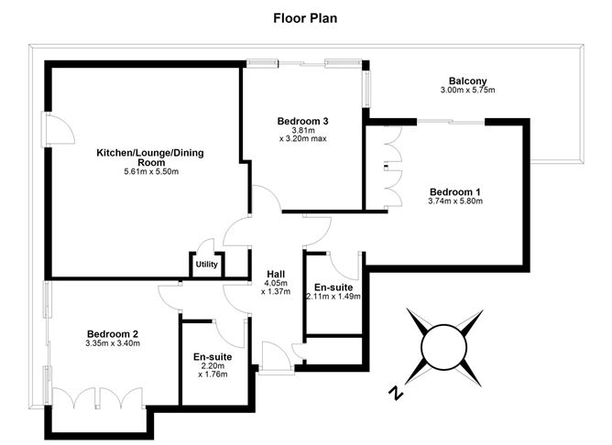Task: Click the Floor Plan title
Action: point(305,18)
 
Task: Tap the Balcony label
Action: point(467,81)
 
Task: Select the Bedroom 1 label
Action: point(455,192)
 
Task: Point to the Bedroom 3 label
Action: point(303,121)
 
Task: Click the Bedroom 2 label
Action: point(113,334)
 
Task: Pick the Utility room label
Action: point(206,265)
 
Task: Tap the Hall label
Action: point(276,274)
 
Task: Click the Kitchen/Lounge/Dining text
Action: point(150,153)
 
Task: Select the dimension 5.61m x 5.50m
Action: point(151,171)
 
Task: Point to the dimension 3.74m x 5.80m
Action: point(455,201)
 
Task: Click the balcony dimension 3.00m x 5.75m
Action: point(467,90)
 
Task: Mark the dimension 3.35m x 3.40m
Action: point(113,343)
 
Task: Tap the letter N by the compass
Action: point(396,393)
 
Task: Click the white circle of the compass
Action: point(443,347)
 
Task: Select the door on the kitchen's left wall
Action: point(58,129)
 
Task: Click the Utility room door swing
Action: point(205,246)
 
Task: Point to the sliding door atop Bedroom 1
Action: point(451,123)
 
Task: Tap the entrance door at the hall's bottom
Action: point(277,358)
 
